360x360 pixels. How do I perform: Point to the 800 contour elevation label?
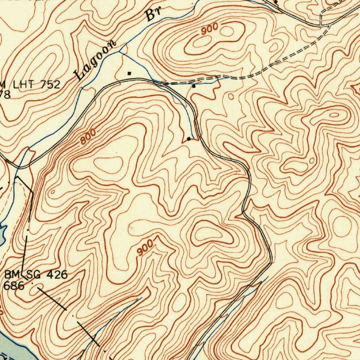coord(88,137)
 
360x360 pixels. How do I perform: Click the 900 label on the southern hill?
coord(145,247)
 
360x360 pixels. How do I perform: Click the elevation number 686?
coord(14,285)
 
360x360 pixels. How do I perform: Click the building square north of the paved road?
coord(129,73)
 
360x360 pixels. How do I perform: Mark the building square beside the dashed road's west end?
coord(194,86)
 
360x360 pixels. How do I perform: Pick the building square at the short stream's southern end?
coord(189,139)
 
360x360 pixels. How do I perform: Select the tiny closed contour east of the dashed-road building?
coord(231,96)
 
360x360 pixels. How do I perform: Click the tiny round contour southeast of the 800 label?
coord(53,192)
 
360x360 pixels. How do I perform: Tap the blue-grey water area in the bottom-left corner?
coord(14,350)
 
